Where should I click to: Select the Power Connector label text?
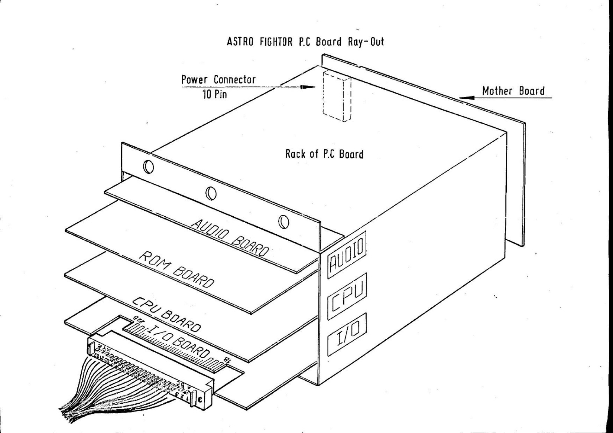(218, 80)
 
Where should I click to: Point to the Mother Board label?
(513, 91)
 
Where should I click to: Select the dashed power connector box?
(337, 96)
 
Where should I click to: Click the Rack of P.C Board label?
(324, 154)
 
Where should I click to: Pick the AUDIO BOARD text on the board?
(230, 238)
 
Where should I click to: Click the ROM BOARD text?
(176, 270)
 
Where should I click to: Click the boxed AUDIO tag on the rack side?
(347, 256)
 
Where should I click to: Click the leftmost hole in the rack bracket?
(148, 167)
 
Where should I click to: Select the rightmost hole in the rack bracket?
(283, 222)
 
